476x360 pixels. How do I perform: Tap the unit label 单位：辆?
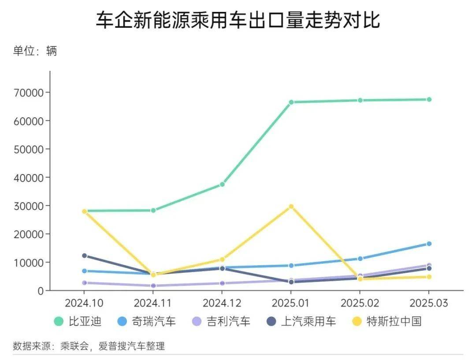tap(35, 51)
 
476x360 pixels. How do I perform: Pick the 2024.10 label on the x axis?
tap(84, 303)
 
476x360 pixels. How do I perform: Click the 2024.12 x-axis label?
tap(222, 303)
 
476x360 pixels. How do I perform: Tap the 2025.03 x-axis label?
tap(429, 303)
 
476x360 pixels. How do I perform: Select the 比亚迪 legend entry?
tap(78, 321)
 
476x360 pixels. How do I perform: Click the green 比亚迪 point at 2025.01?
tap(291, 102)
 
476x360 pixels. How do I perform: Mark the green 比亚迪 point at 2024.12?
tap(222, 184)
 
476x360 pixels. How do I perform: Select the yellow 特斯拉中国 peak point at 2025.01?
tap(291, 207)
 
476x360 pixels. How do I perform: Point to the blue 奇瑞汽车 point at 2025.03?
tap(429, 244)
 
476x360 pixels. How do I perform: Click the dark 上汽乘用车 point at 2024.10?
tap(84, 256)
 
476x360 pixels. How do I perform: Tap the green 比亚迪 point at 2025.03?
tap(429, 100)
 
